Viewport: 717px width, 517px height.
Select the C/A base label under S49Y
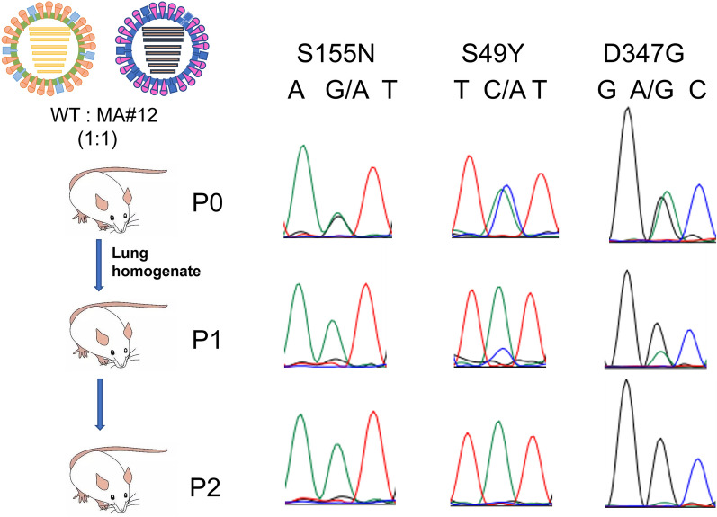point(501,90)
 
